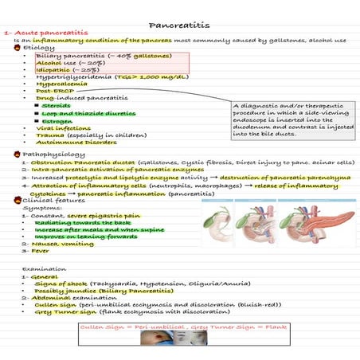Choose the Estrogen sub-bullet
click(57, 120)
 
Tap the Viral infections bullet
click(64, 127)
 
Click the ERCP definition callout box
click(291, 119)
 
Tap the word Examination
click(41, 269)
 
